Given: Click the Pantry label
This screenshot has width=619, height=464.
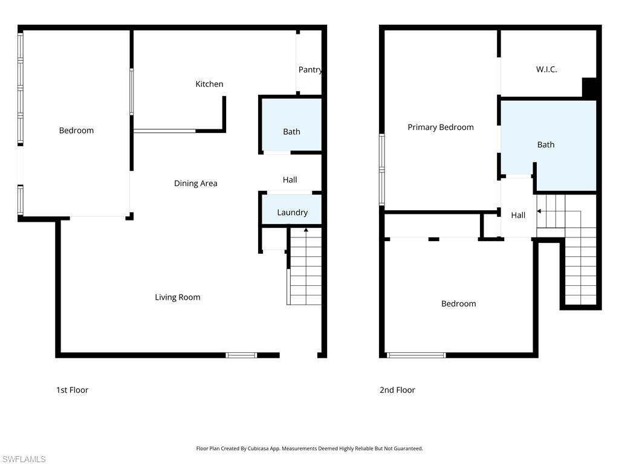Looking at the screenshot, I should (309, 69).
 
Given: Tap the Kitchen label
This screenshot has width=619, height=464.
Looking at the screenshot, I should (209, 84).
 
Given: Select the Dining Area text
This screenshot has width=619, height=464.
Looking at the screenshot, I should (195, 183).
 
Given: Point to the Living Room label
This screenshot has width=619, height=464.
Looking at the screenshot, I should (177, 297).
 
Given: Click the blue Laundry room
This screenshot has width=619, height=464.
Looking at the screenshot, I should (292, 212).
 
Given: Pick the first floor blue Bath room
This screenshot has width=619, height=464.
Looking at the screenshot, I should (291, 132).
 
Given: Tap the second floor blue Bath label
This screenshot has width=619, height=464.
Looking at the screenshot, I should (546, 144).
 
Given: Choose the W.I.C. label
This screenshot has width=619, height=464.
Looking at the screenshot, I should (546, 69).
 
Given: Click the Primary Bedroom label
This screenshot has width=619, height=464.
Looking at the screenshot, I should (440, 127).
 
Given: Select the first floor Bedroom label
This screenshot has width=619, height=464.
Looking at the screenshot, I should (76, 130).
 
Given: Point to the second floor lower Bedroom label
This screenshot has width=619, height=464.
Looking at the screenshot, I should (458, 303).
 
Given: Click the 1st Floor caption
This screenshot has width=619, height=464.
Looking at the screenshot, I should (72, 390).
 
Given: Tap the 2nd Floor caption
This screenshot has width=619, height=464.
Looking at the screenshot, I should (397, 390).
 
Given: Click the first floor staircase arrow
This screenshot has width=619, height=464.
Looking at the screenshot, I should (306, 230).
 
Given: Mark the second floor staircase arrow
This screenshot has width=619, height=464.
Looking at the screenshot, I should (539, 211).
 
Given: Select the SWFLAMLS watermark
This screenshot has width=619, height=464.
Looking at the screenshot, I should (24, 459).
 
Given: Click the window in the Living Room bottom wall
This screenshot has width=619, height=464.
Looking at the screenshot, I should (241, 355).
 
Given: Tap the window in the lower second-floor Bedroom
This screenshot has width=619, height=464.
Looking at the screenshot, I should (416, 355).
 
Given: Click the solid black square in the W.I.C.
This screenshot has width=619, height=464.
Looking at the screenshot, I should (589, 87).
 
